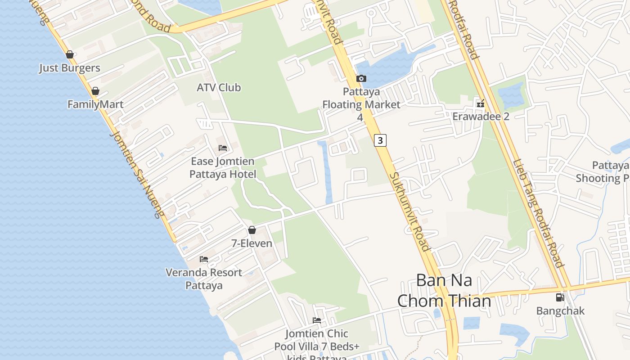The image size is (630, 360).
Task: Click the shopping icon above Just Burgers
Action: point(70,55)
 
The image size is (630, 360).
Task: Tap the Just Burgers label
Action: point(70,68)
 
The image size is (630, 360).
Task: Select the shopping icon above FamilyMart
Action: point(95,91)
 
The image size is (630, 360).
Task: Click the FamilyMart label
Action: point(95,104)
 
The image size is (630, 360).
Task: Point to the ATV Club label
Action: point(219,87)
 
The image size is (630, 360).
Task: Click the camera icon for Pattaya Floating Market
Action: point(361,79)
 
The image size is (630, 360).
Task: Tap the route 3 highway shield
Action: point(380,140)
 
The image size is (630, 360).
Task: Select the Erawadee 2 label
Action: point(481,117)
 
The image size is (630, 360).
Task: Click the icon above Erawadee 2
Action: point(481,104)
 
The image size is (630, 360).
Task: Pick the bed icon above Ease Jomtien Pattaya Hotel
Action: point(223,148)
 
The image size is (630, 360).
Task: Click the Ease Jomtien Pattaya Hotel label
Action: point(223,167)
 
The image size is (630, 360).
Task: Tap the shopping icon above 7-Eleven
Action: point(252,230)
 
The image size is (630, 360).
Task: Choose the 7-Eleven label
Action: point(252,243)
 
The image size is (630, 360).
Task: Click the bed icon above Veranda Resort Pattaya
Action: point(204,259)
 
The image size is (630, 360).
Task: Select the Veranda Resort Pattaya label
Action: point(204,279)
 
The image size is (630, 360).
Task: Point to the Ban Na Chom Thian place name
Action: point(444,291)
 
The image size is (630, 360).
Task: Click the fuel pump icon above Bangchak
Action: point(560,297)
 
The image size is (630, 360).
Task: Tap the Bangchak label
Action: point(560,311)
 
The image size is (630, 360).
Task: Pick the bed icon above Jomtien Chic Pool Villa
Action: point(317,320)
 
